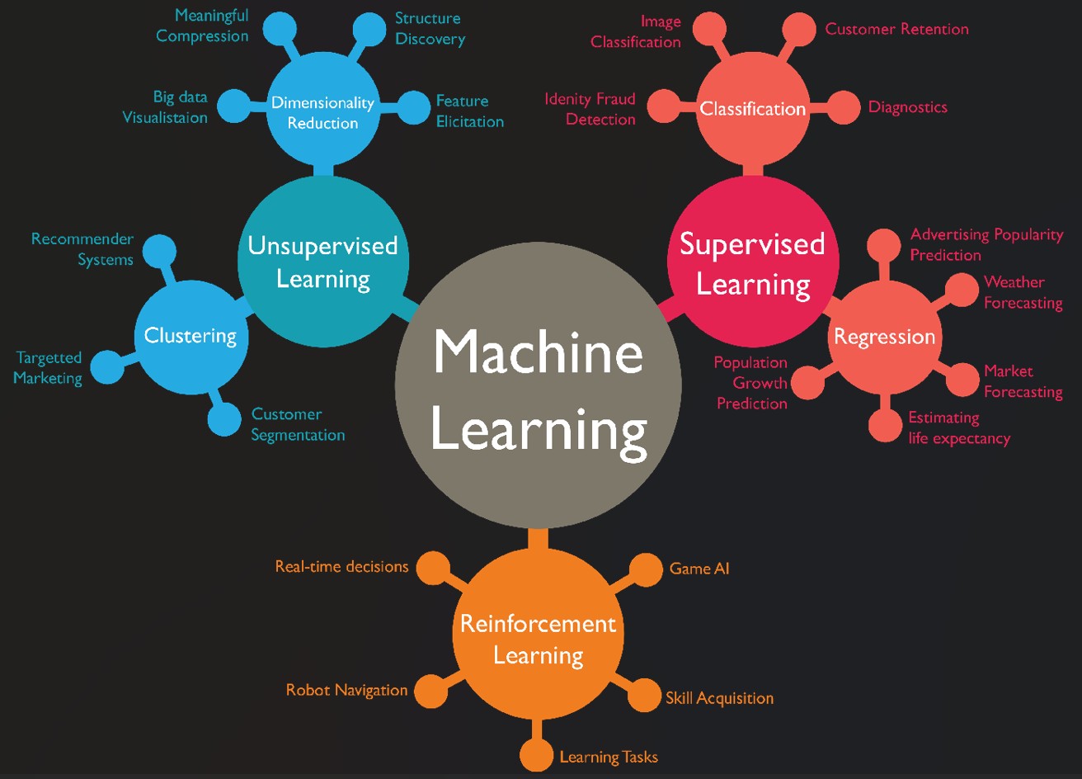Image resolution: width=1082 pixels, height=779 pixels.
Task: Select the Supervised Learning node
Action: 753,262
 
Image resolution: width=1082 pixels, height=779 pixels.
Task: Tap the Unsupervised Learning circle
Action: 323,262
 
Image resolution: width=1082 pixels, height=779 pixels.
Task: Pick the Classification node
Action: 752,109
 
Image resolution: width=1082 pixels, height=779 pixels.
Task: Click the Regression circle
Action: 884,337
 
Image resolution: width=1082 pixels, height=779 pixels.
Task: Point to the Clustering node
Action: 191,336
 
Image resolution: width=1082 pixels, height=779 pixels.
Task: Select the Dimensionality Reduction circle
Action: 322,113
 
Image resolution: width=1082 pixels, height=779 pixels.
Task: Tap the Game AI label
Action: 699,569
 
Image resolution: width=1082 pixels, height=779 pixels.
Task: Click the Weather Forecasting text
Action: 1023,293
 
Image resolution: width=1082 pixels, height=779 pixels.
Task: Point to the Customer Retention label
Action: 896,30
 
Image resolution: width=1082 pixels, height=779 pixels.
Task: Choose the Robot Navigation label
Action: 346,690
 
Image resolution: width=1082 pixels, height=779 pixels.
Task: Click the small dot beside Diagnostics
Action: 843,108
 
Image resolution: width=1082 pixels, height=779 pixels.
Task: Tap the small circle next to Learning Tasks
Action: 537,756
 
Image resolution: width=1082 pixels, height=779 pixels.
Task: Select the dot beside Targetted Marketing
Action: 107,367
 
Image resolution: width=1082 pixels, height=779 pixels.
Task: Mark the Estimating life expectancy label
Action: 958,428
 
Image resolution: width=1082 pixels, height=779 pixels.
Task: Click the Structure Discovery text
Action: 430,29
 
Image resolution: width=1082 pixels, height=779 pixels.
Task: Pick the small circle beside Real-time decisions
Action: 433,568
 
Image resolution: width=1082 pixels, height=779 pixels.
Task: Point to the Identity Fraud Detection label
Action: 590,109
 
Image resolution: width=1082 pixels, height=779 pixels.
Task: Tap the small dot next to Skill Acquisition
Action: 644,696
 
